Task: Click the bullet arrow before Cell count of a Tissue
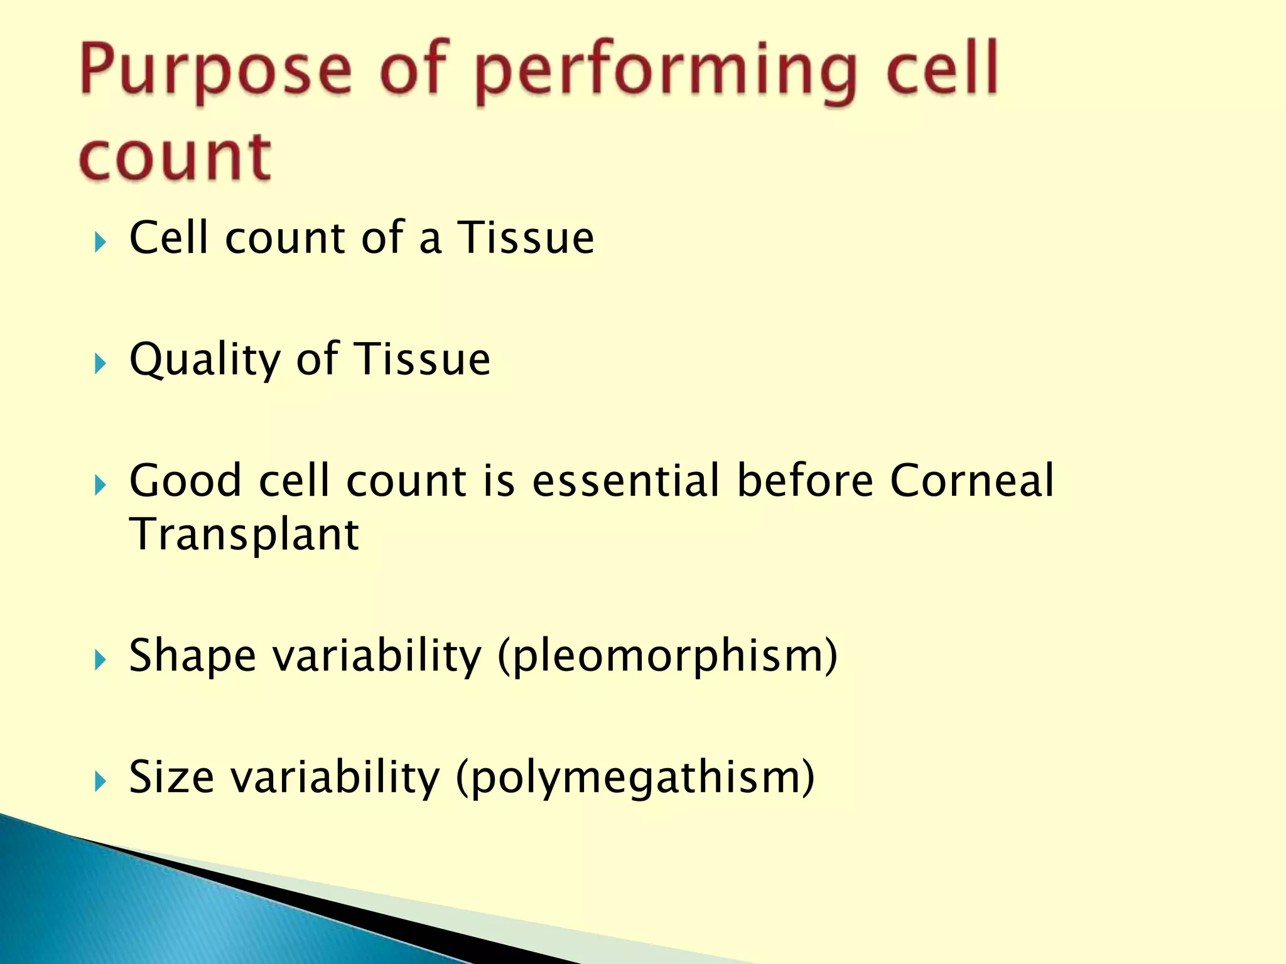coord(100,242)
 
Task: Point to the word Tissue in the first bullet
coord(525,238)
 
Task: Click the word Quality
coord(205,360)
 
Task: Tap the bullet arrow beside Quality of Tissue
coord(100,363)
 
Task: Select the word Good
coord(185,481)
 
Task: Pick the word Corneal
coord(972,481)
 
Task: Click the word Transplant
coord(244,535)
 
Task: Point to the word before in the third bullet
coord(805,481)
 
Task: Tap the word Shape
coord(192,656)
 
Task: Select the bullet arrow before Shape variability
coord(100,660)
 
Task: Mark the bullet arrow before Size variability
coord(100,781)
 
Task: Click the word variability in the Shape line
coord(377,656)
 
